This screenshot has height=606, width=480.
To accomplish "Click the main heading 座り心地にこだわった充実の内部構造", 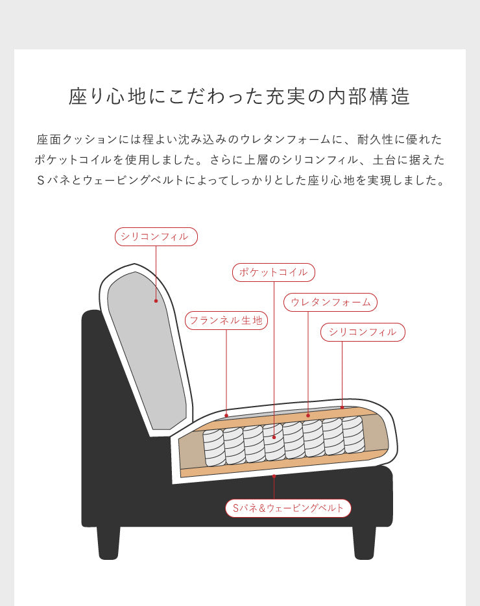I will tap(239, 96).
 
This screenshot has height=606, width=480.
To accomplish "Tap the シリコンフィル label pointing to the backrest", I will tap(156, 236).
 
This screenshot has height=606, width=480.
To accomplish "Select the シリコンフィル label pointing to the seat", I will tap(363, 332).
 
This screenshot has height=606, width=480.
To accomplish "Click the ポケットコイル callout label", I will tap(273, 272).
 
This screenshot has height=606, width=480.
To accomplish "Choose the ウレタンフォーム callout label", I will tap(330, 302).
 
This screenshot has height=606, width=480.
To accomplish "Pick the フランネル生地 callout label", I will tap(226, 320).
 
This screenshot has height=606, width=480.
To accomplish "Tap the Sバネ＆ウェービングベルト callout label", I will tap(288, 508).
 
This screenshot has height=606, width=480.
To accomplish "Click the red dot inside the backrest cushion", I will tap(156, 301).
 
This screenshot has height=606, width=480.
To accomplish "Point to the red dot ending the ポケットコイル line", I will tap(274, 437).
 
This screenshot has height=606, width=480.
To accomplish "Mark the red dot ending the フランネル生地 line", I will tap(226, 415).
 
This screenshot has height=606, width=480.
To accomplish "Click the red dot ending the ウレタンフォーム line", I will tap(308, 415).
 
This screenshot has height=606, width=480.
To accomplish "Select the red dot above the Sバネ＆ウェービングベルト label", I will tap(274, 476).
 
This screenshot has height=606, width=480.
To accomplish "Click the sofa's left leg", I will tap(108, 542).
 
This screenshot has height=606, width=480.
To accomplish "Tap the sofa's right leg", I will tap(364, 542).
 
